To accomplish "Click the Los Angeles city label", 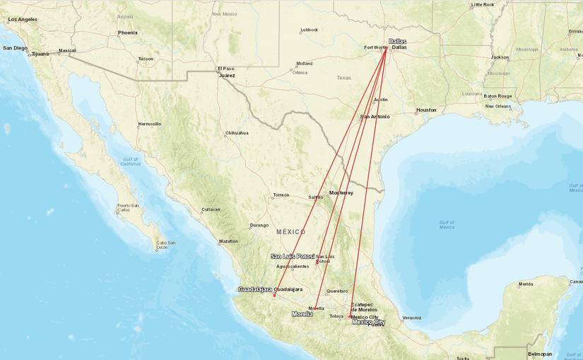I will [23, 19].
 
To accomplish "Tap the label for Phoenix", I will [128, 33].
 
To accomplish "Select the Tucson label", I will [146, 59].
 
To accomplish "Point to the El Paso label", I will [225, 69].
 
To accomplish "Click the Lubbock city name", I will [309, 30].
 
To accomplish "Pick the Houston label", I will [426, 110].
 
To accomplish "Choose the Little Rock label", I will [483, 4].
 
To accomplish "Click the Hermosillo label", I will [150, 124].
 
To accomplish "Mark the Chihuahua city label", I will [237, 133].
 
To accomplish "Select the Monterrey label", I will [341, 192].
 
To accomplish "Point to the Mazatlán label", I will [228, 241].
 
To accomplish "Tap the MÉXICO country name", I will [290, 232].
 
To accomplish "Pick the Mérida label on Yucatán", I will [526, 284].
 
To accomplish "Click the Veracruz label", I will [412, 318].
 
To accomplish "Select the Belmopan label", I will [540, 354].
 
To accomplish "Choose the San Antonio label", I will [375, 116].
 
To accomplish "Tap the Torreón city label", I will [281, 195].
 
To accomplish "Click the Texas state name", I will [344, 78].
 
